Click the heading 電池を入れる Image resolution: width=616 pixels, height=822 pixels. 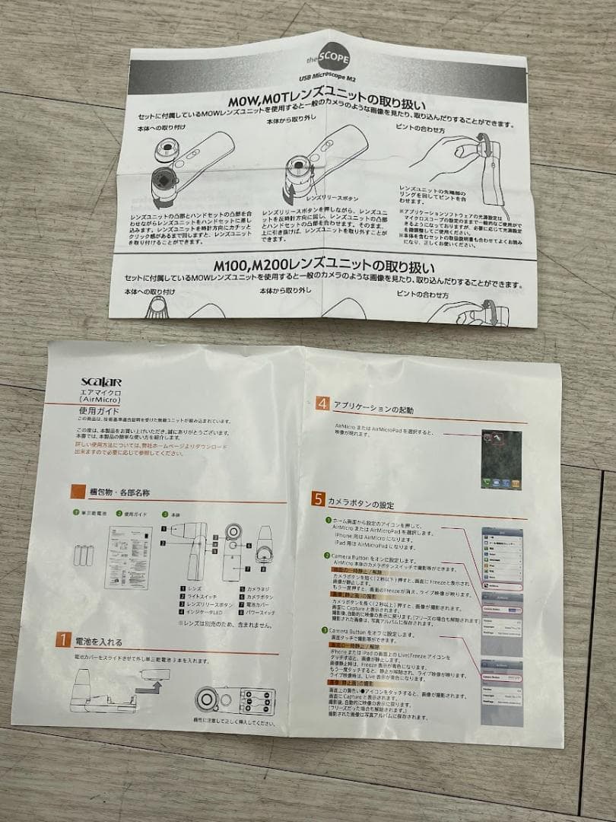pos(98,642)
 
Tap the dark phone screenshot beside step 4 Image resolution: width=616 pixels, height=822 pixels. pos(500,459)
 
